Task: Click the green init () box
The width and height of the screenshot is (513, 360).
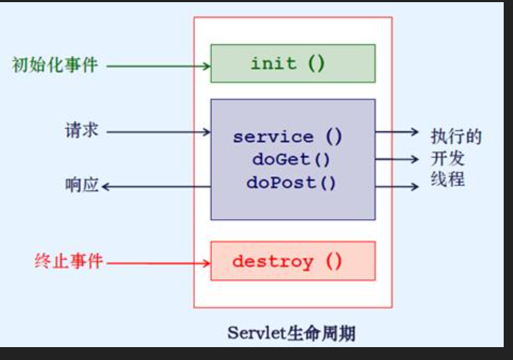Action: click(293, 63)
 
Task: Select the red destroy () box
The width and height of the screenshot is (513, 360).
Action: click(293, 261)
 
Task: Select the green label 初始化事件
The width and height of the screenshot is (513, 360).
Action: click(54, 66)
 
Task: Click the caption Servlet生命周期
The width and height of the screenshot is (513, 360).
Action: click(291, 333)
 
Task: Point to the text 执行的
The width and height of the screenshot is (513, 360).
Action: click(456, 136)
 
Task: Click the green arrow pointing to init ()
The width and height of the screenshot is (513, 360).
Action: click(157, 67)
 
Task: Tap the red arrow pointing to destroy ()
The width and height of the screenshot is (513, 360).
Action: click(157, 263)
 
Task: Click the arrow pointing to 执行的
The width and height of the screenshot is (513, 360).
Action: click(397, 132)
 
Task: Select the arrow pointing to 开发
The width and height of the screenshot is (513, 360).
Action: click(397, 159)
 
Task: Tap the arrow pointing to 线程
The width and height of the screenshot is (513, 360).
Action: click(397, 187)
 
